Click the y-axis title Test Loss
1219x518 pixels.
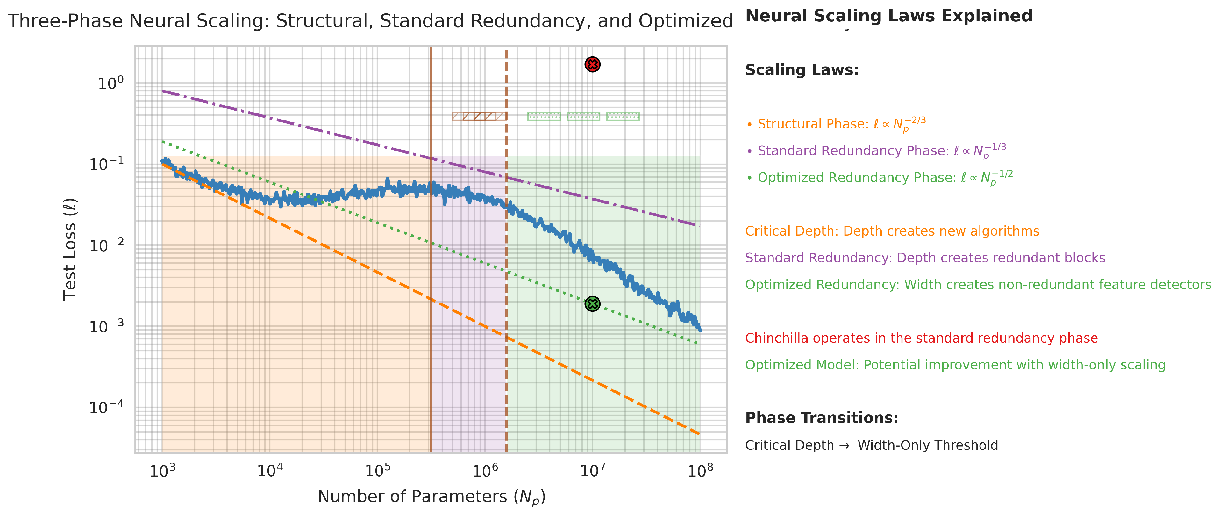(x=70, y=249)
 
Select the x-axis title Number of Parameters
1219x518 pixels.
(x=431, y=497)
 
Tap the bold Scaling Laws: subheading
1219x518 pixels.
(x=802, y=70)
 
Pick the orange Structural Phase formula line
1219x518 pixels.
(x=836, y=124)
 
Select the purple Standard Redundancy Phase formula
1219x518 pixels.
(x=875, y=150)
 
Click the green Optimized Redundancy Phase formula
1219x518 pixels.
(x=879, y=178)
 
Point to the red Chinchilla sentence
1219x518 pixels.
(x=921, y=338)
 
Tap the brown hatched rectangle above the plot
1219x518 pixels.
(x=479, y=116)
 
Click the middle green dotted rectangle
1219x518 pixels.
(x=583, y=116)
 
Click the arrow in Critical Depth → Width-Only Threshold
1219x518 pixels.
(x=844, y=446)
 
